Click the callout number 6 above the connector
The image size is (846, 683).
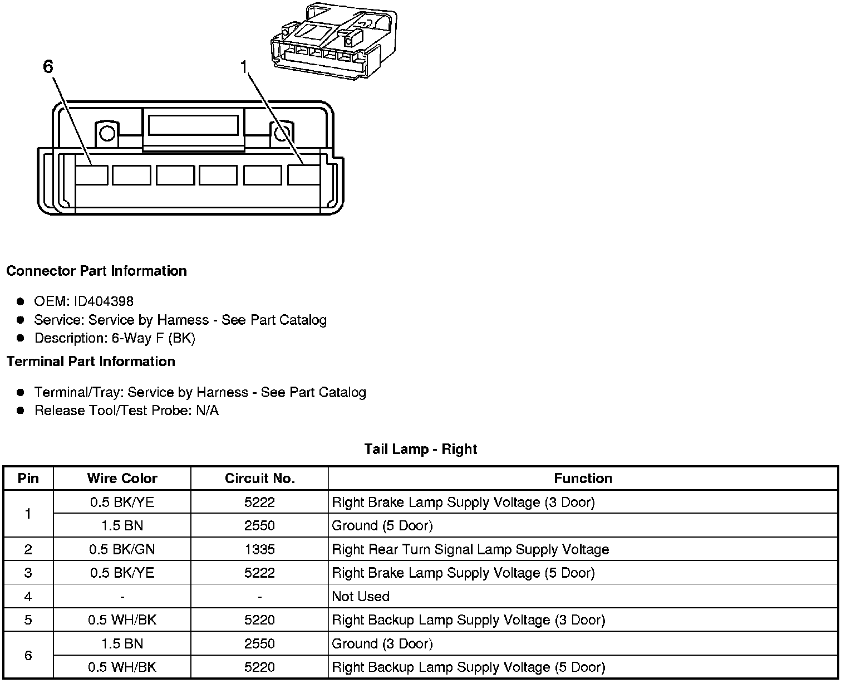tap(48, 67)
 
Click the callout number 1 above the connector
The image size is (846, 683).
tap(243, 67)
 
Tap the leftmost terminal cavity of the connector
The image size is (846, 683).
tap(91, 175)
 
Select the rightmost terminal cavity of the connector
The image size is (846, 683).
tap(304, 175)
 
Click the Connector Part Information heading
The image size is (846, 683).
tap(96, 271)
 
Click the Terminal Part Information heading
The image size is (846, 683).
tap(91, 362)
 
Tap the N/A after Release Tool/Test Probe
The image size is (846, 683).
tap(207, 411)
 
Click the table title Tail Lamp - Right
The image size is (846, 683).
tap(421, 449)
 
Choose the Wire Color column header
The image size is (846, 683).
tap(122, 479)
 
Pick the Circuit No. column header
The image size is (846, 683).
tap(259, 479)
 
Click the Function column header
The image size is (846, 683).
tap(583, 479)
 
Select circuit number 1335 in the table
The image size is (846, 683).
tap(259, 549)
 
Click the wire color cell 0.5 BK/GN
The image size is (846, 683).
tap(122, 549)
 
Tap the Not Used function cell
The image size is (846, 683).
tap(361, 597)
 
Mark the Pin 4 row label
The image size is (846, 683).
tap(28, 597)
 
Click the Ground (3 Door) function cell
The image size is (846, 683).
tap(382, 644)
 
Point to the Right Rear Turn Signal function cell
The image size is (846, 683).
tap(470, 549)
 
